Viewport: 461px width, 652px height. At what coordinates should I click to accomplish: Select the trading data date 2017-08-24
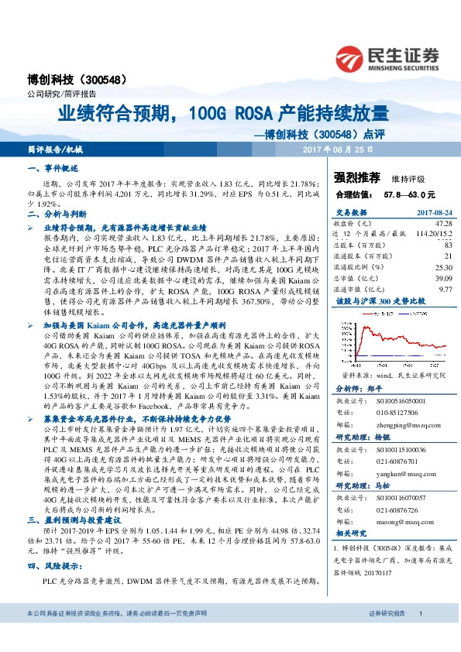point(431,211)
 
